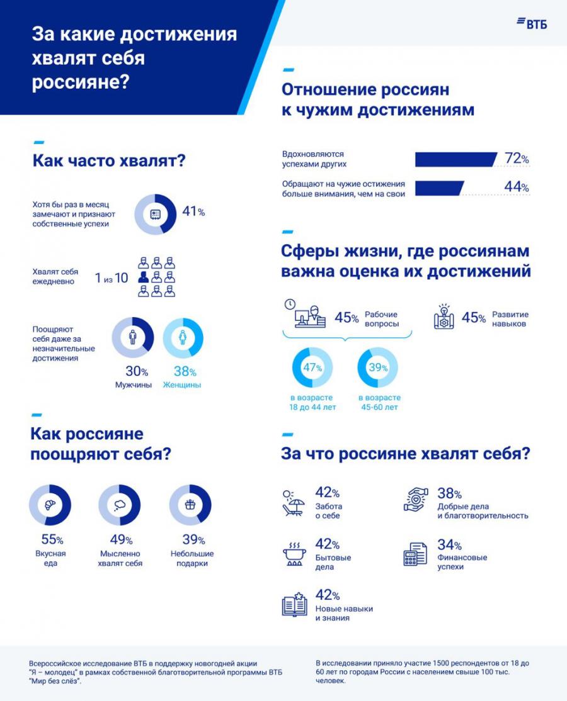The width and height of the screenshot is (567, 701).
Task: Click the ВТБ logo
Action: click(532, 23)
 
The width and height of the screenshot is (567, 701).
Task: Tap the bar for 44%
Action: click(439, 188)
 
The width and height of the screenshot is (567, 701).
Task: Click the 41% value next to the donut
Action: click(193, 212)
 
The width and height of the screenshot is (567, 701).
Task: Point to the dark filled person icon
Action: click(144, 277)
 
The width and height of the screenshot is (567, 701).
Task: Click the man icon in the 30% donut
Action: click(132, 338)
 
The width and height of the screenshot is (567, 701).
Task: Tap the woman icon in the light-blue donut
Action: click(183, 338)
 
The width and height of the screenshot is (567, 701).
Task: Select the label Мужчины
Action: click(133, 385)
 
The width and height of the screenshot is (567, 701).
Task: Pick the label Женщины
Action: click(182, 385)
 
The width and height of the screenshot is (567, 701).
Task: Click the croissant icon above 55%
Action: click(50, 505)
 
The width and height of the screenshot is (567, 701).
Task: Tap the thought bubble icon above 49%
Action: click(120, 505)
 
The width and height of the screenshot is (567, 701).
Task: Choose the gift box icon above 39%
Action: click(190, 505)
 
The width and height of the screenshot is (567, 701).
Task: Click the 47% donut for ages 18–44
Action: click(312, 367)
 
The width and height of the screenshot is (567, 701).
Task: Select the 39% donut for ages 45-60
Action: click(378, 367)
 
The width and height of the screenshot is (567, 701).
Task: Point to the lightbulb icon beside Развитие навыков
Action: click(444, 317)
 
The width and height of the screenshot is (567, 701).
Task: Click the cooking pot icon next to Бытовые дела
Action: click(294, 554)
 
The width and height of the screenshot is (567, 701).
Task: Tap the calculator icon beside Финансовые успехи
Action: click(415, 554)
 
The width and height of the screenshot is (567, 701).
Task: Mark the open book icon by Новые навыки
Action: click(294, 605)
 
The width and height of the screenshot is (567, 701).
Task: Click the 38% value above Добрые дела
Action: click(450, 494)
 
